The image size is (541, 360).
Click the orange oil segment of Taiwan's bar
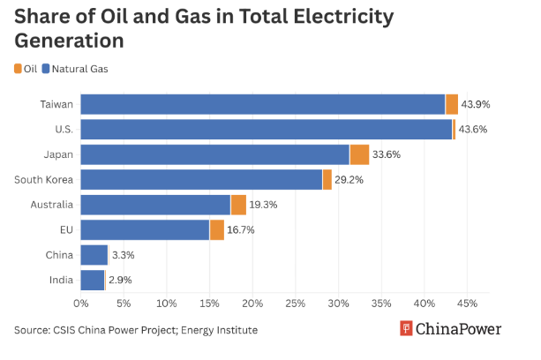452,104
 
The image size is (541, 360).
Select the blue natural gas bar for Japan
215,154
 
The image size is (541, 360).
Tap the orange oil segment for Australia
238,205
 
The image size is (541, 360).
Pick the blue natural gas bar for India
93,280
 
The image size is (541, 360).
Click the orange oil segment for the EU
217,230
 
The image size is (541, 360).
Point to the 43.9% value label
476,104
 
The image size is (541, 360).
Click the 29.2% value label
349,180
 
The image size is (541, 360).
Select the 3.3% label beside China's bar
124,255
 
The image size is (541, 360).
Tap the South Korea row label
43,180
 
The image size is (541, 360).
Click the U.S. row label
64,130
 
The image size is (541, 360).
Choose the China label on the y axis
59,255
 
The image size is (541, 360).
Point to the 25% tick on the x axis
296,304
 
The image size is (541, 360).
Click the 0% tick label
81,304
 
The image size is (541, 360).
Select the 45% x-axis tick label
467,304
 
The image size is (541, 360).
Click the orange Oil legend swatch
18,69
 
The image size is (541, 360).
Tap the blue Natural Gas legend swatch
46,69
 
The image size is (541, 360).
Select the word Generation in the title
69,41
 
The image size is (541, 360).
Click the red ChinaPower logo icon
406,328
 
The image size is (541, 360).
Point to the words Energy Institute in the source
219,330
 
